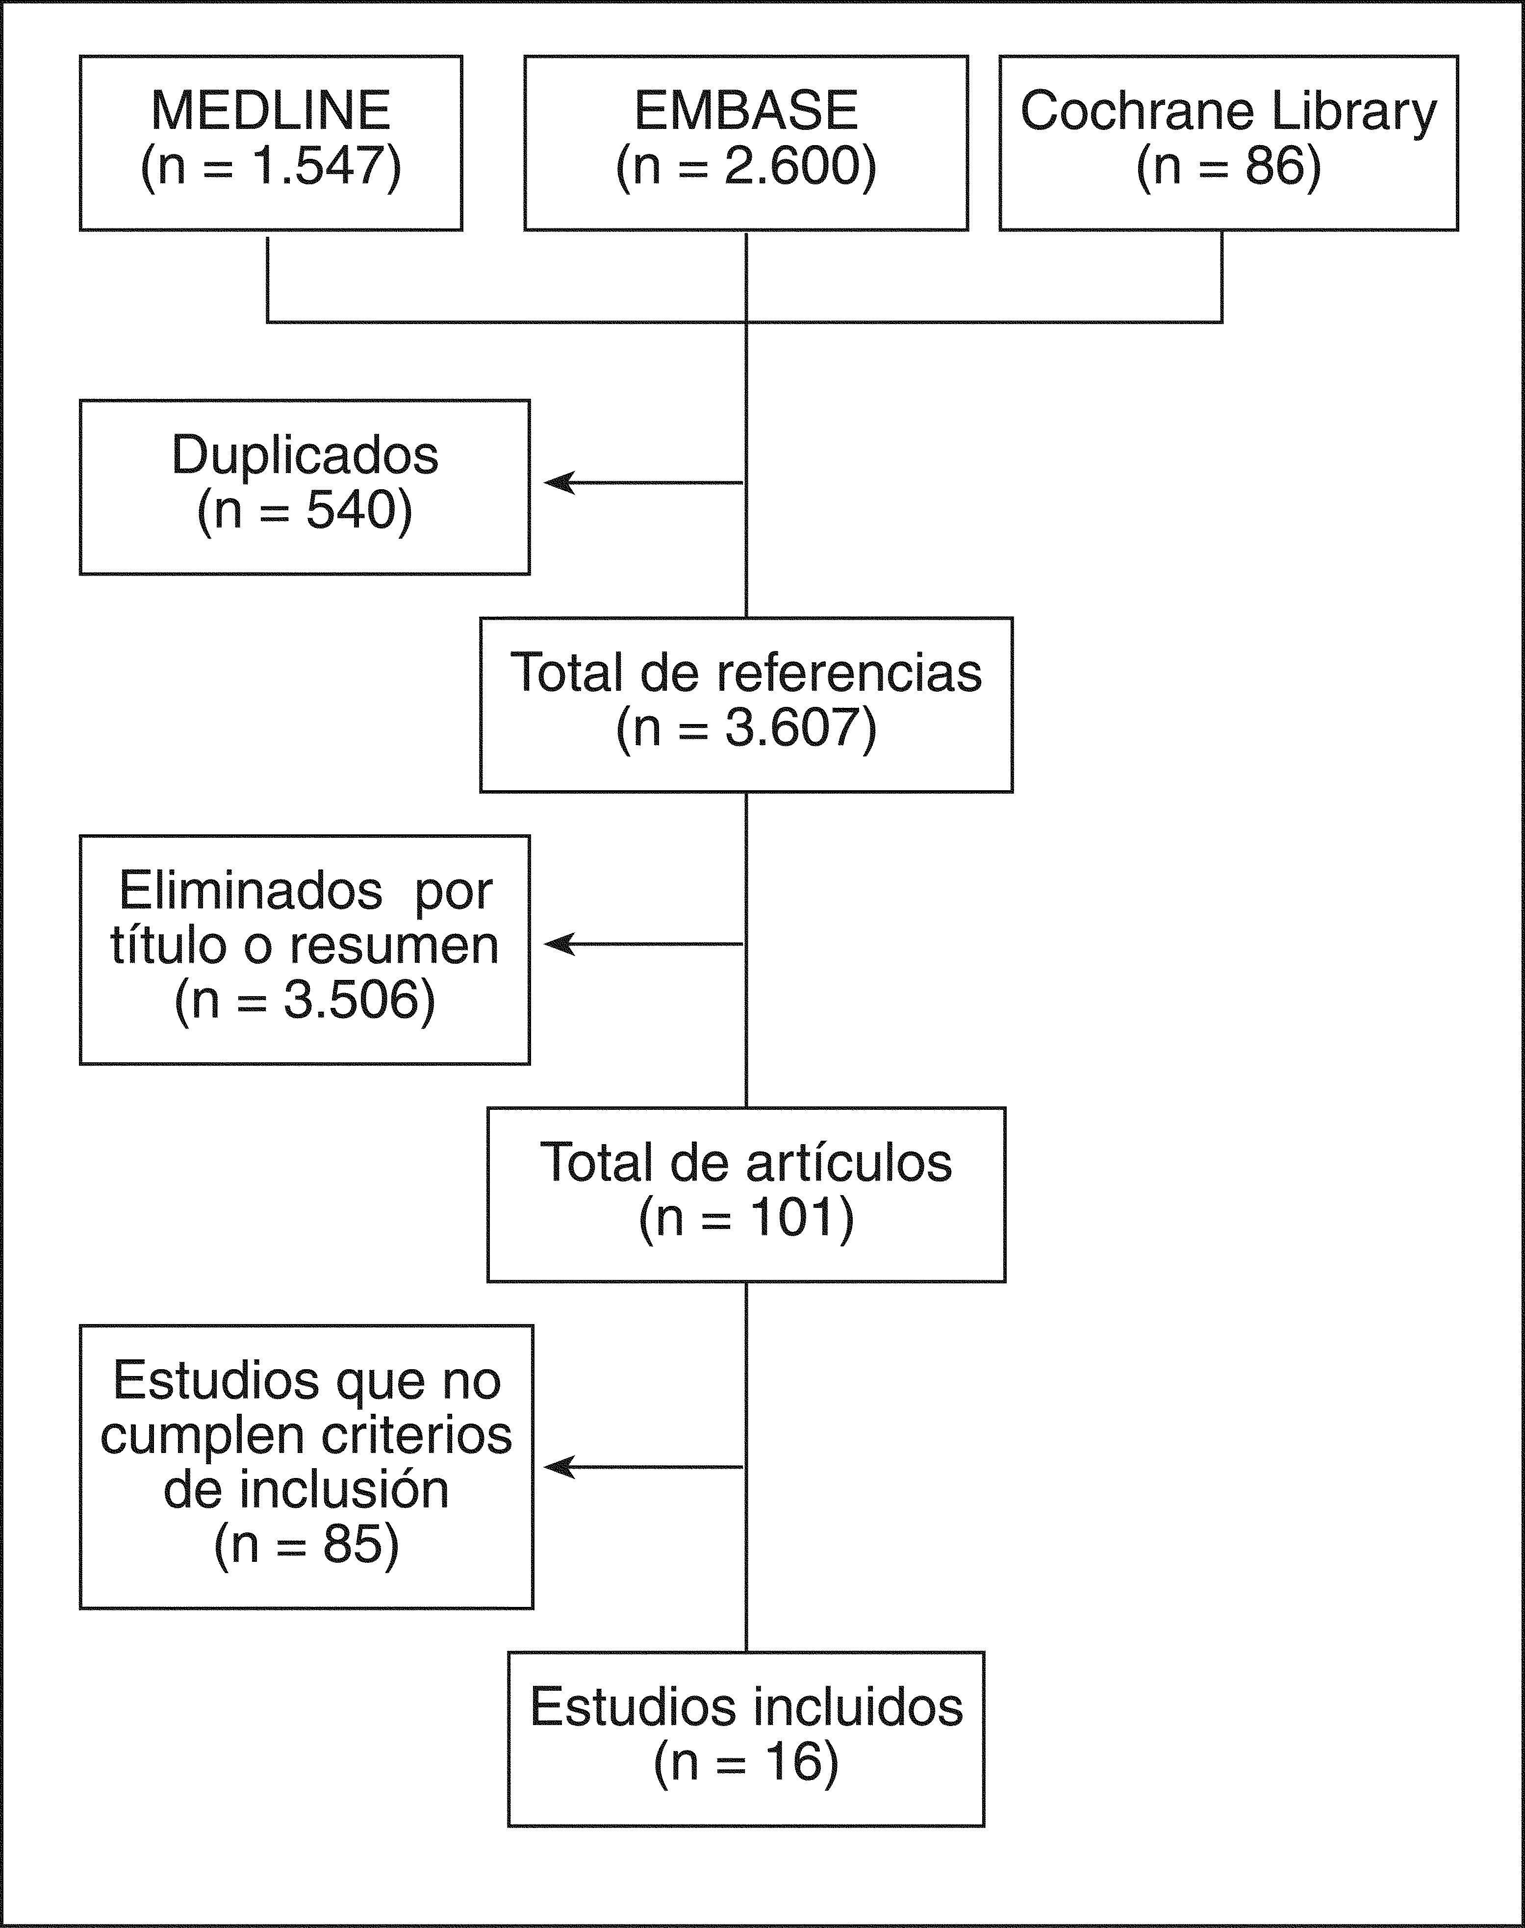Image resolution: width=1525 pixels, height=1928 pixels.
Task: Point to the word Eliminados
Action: (x=251, y=891)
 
